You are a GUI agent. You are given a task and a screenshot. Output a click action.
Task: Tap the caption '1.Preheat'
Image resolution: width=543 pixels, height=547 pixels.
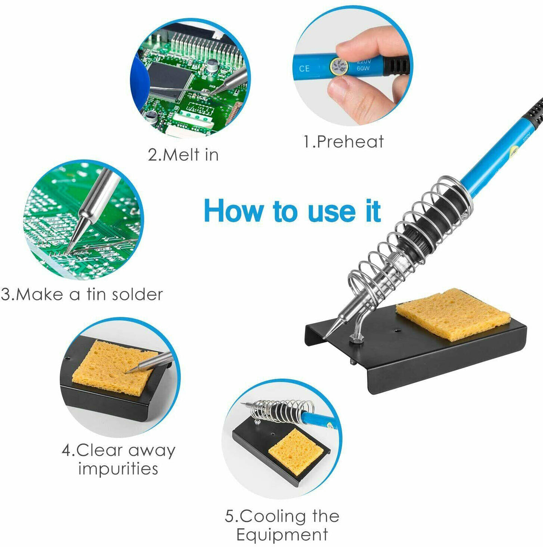click(x=343, y=142)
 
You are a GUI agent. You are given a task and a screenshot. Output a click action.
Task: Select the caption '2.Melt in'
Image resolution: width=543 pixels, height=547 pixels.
click(x=183, y=155)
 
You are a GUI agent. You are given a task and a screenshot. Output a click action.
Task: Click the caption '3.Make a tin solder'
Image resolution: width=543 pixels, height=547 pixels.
click(x=82, y=294)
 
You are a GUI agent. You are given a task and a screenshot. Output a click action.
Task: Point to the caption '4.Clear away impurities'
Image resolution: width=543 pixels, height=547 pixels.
click(x=118, y=459)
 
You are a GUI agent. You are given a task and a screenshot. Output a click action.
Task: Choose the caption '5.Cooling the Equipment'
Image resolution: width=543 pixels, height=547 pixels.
click(x=282, y=525)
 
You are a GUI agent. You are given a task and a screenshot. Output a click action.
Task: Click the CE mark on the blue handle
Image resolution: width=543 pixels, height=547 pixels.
click(x=305, y=68)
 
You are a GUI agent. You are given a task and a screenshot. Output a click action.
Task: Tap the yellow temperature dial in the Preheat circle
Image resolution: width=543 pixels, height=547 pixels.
click(x=339, y=67)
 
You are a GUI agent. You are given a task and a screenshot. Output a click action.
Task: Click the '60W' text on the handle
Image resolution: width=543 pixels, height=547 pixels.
click(x=363, y=69)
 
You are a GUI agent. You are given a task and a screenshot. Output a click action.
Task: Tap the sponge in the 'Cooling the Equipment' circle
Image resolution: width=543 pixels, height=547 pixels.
click(x=296, y=451)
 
